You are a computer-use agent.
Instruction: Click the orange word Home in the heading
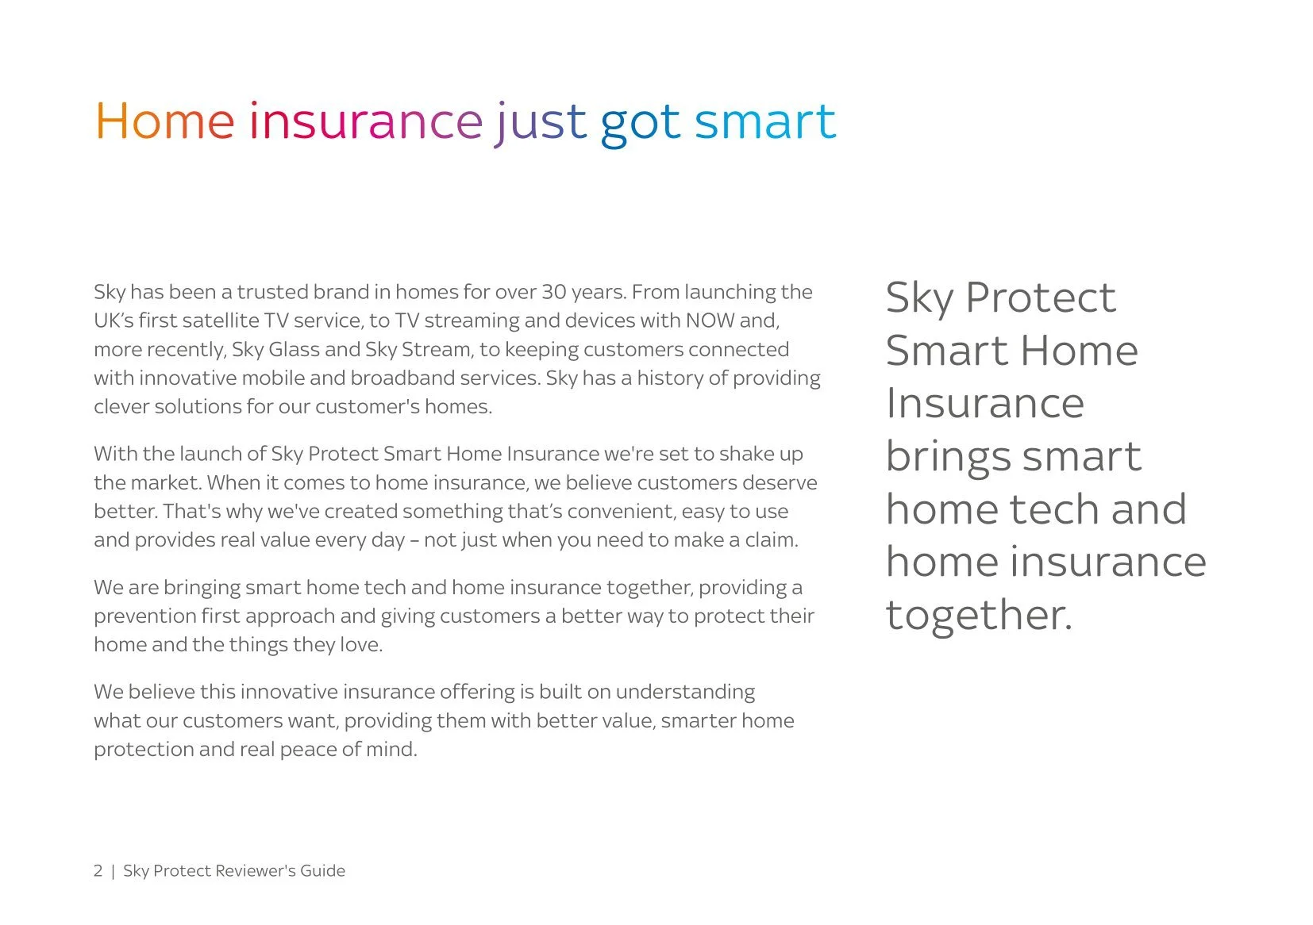click(164, 122)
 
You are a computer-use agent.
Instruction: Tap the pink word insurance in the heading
click(365, 122)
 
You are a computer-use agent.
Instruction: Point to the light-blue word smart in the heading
click(764, 122)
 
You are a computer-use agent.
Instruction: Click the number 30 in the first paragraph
click(553, 292)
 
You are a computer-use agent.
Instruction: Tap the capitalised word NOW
click(710, 320)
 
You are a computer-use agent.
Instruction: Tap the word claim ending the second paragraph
click(771, 540)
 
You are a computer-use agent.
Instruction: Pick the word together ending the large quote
click(978, 616)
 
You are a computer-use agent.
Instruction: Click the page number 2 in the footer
click(98, 871)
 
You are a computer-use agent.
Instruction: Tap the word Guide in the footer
click(322, 871)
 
